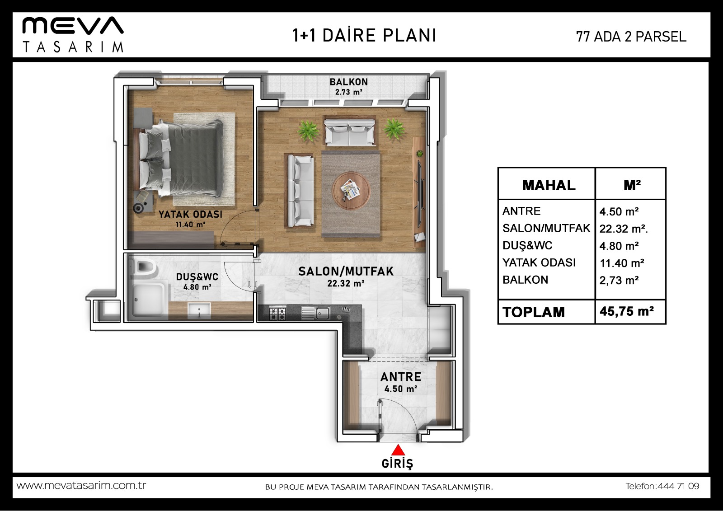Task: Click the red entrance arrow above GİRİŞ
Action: click(398, 450)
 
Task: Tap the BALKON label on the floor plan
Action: click(348, 82)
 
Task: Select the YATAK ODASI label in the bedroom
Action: click(190, 214)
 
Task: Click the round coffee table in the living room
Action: click(351, 191)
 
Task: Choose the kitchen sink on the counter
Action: click(315, 313)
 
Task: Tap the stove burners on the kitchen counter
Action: click(277, 313)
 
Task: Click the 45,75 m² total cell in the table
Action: click(626, 311)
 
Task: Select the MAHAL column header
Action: click(549, 185)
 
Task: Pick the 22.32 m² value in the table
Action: click(623, 229)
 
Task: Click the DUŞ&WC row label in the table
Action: click(527, 245)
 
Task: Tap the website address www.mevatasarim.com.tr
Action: click(81, 486)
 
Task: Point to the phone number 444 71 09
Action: click(678, 486)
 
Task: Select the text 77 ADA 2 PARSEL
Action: click(631, 37)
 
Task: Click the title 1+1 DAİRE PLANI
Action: click(364, 36)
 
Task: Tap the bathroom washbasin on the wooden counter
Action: click(199, 310)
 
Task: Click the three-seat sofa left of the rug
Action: click(300, 191)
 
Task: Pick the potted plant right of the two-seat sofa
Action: click(394, 129)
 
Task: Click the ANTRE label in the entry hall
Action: click(400, 377)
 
